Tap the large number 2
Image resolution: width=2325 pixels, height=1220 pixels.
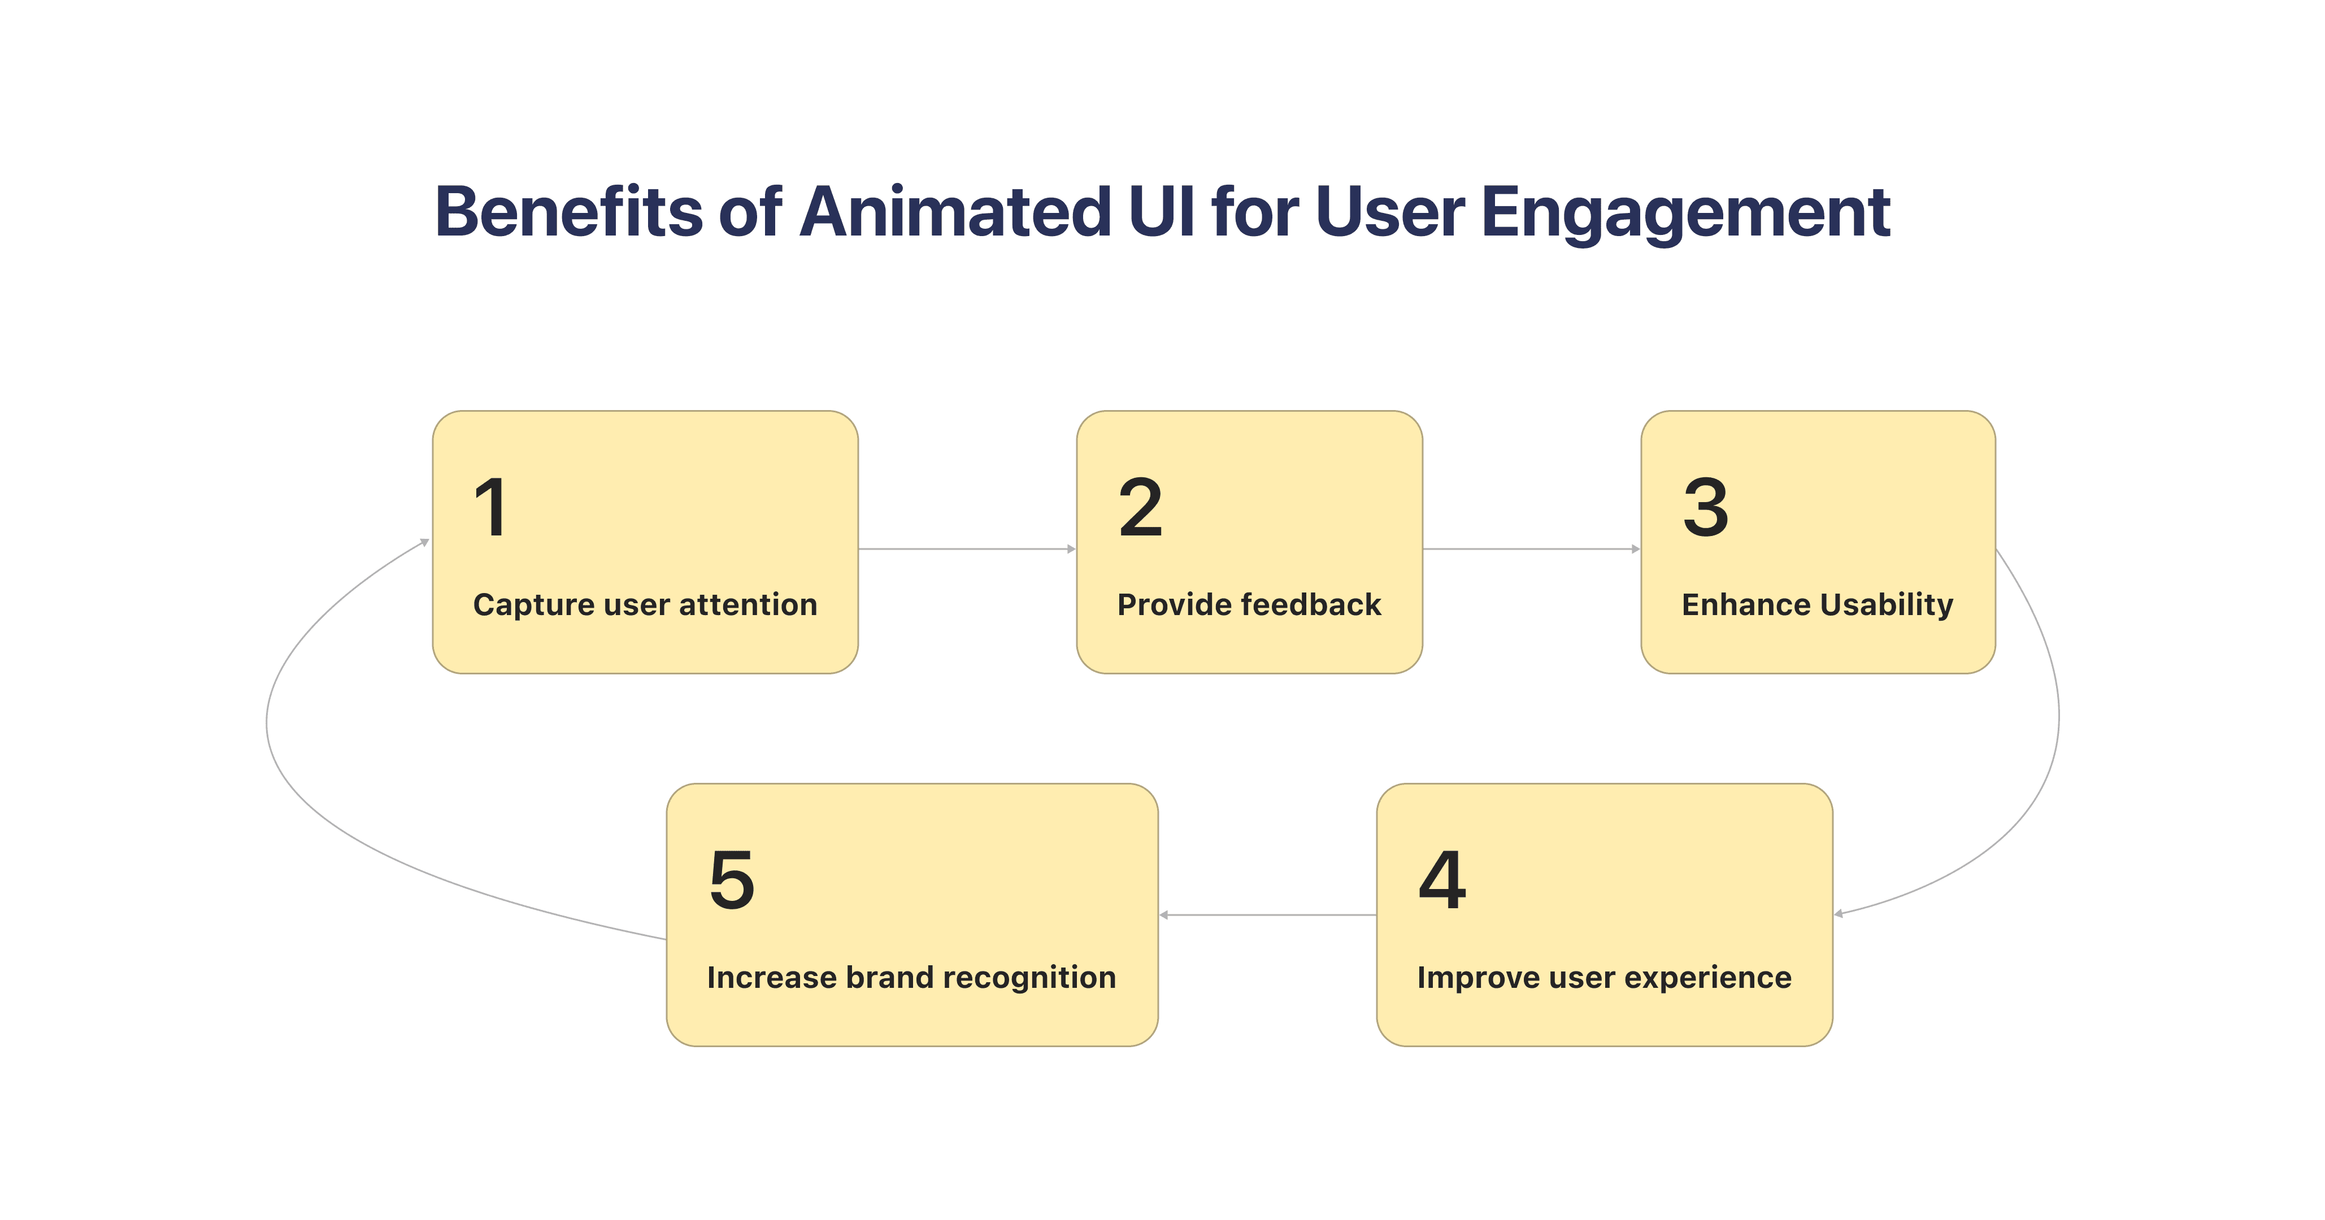1140,507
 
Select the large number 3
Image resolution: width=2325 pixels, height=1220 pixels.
1705,507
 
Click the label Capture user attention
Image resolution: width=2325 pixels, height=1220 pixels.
645,604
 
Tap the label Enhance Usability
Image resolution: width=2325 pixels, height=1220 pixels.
1817,604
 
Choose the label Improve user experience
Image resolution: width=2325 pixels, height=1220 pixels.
1604,977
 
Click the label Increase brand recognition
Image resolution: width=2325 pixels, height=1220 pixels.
911,977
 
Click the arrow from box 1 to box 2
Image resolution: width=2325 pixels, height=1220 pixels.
966,548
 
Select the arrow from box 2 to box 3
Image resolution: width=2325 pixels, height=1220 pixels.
1531,548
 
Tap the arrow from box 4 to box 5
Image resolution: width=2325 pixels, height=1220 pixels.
1267,915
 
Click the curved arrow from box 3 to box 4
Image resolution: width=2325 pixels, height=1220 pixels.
2058,722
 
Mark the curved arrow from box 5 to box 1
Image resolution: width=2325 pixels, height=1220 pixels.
267,722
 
